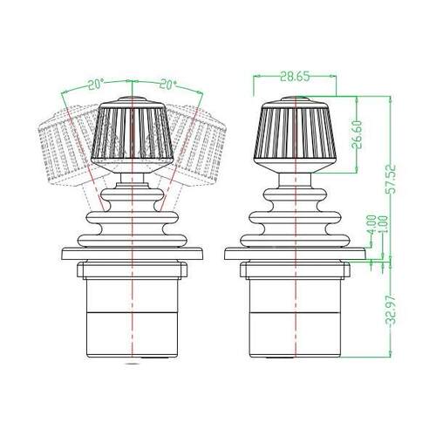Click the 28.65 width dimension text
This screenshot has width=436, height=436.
[295, 77]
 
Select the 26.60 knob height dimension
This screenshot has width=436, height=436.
[358, 135]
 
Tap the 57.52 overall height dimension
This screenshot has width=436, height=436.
[391, 179]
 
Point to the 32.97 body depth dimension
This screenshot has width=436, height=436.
[391, 310]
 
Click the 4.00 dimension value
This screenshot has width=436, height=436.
[371, 225]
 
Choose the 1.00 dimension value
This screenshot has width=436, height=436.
[383, 224]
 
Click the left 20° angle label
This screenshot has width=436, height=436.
[96, 85]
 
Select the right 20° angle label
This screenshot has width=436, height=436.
[168, 85]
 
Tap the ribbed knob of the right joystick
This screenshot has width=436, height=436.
[296, 134]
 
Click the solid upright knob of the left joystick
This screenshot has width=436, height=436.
[133, 134]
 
